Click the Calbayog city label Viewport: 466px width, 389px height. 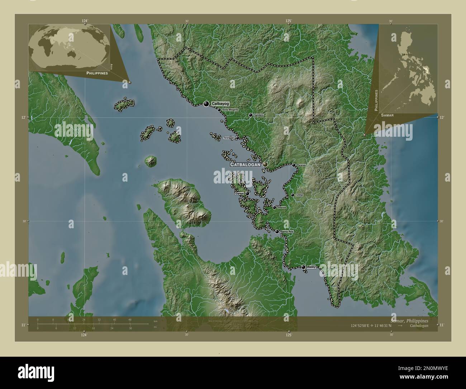[220, 103]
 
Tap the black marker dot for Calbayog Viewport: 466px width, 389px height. [206, 104]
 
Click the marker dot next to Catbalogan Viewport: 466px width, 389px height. [265, 164]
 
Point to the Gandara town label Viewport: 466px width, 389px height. [259, 115]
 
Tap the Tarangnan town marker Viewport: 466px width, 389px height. [237, 138]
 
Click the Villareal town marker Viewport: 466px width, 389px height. [274, 207]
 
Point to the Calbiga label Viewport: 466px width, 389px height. [299, 195]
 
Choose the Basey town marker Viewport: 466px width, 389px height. [303, 267]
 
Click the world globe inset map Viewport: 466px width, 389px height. [69, 47]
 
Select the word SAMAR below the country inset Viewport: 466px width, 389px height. [387, 116]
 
